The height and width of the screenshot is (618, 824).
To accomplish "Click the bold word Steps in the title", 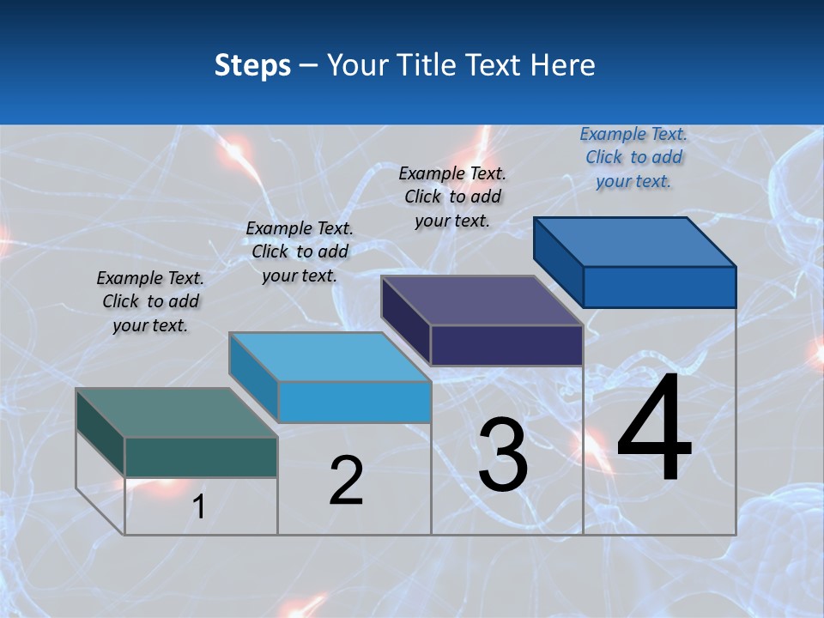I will pyautogui.click(x=252, y=65).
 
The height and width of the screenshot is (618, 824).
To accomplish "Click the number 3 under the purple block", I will pyautogui.click(x=503, y=455).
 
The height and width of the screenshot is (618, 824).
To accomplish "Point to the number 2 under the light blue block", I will pyautogui.click(x=346, y=481).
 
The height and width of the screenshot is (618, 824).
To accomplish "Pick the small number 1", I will pyautogui.click(x=198, y=506).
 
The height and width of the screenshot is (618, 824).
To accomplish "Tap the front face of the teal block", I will pyautogui.click(x=201, y=457).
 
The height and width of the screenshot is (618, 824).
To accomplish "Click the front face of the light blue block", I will pyautogui.click(x=354, y=402).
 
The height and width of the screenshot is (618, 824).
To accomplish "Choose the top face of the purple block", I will pyautogui.click(x=481, y=300).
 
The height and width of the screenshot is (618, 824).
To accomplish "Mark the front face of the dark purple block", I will pyautogui.click(x=506, y=345).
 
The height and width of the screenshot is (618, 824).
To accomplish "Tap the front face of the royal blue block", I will pyautogui.click(x=659, y=287).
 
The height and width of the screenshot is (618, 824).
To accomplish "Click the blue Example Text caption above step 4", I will pyautogui.click(x=633, y=157).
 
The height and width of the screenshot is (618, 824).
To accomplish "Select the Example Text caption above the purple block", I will pyautogui.click(x=452, y=197).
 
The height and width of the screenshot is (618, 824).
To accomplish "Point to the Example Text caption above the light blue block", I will pyautogui.click(x=300, y=251).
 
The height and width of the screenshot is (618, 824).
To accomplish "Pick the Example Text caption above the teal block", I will pyautogui.click(x=150, y=301).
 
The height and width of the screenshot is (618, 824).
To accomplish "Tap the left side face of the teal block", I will pyautogui.click(x=100, y=432).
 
